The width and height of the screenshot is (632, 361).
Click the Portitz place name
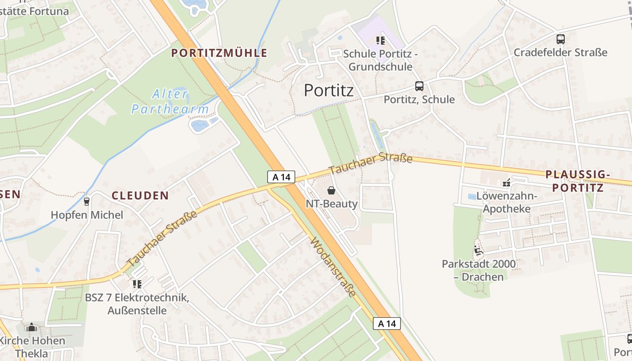329,90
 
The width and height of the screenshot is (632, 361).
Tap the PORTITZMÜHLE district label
219,53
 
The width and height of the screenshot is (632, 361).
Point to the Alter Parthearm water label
170,102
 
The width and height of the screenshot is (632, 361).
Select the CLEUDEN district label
140,195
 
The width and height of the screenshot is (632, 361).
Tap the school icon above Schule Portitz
381,41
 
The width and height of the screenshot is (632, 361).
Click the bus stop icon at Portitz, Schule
419,86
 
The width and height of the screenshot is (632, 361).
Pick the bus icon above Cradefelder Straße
560,39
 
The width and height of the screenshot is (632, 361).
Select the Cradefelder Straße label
560,52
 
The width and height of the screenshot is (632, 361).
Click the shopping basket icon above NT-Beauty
331,190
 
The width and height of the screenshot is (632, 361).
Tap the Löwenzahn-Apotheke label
510,203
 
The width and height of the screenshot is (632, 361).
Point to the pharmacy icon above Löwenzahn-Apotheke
507,183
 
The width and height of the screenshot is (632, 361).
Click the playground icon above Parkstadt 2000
479,250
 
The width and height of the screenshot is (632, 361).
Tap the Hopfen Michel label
87,215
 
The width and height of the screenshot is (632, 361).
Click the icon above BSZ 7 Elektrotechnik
137,284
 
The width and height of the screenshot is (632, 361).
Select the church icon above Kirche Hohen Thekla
32,327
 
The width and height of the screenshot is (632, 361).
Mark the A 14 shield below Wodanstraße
387,324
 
